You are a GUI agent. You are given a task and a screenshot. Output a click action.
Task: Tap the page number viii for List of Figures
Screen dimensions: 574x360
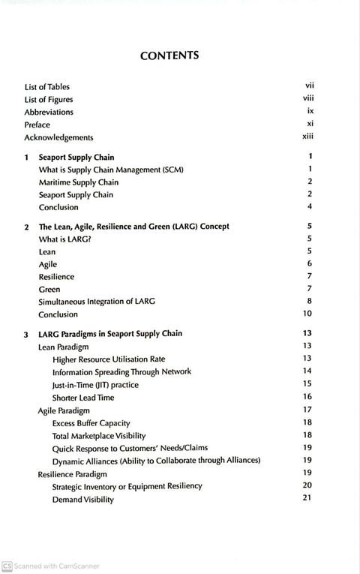coord(306,99)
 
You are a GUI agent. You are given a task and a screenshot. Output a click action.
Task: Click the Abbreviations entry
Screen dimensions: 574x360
coord(49,112)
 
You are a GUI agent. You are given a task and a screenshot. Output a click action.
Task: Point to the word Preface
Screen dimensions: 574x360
coord(37,125)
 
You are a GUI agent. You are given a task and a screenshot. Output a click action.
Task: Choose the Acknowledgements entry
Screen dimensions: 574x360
coord(58,137)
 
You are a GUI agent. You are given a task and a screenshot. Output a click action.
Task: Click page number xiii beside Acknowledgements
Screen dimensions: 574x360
coord(307,137)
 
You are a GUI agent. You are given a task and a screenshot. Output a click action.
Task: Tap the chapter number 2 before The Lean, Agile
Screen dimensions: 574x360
coord(26,226)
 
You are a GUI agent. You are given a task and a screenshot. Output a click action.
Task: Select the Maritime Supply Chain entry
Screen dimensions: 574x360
coord(78,182)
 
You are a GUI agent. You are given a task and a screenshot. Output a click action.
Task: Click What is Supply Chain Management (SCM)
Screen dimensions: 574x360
coord(111,170)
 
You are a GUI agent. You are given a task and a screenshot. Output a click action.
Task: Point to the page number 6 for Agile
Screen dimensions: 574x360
coord(309,264)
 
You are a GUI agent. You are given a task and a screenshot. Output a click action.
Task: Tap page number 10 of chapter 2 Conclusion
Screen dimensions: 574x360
coord(307,314)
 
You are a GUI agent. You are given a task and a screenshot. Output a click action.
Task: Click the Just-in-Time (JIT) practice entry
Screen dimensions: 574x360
coord(95,384)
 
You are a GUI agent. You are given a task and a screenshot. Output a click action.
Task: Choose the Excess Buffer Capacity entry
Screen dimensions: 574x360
coord(91,422)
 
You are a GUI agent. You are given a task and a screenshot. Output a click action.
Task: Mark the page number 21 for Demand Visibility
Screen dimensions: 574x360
coord(307,499)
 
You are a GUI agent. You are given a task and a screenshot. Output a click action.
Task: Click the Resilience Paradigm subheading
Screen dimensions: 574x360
coord(72,473)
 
